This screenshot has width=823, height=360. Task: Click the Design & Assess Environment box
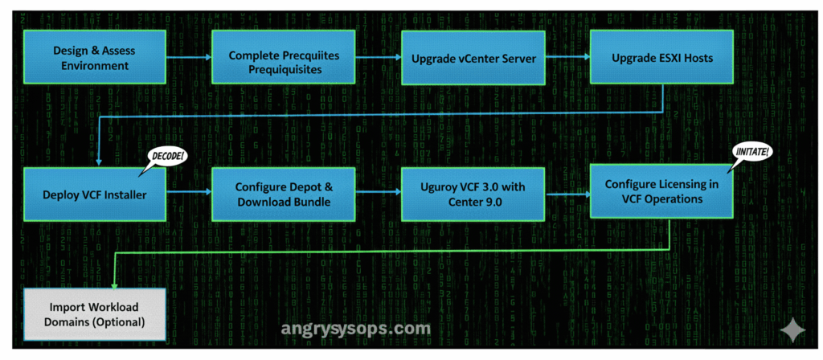coord(94,58)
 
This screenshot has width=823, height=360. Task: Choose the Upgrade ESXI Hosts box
coord(662,58)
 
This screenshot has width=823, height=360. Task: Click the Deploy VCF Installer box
coord(94,194)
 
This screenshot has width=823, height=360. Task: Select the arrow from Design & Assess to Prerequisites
coord(189,58)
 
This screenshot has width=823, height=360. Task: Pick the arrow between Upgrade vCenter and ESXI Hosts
coord(567,58)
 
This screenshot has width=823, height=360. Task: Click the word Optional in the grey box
coord(118,322)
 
